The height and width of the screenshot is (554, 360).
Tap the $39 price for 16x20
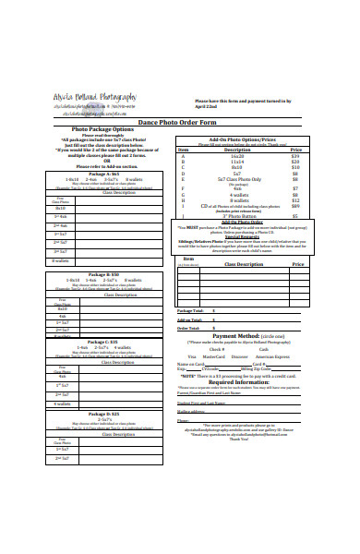[x=295, y=156]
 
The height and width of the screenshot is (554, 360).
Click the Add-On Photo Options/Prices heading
[x=242, y=138]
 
